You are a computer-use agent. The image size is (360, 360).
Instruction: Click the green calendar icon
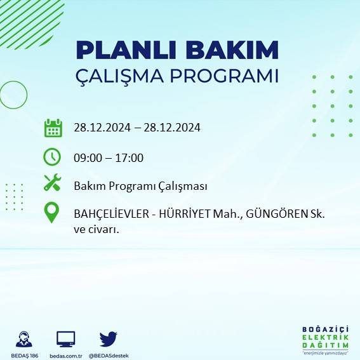53,128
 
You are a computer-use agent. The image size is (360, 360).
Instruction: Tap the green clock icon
52,156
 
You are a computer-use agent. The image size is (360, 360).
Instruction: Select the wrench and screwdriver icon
52,183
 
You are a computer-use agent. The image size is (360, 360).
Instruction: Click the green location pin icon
52,212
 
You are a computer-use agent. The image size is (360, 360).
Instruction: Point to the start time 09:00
87,158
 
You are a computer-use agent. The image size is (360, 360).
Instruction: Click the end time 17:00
130,158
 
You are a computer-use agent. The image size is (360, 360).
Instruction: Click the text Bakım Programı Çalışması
140,186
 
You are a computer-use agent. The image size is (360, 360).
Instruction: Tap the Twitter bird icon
109,338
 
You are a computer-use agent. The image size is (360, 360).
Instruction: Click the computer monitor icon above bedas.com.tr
66,338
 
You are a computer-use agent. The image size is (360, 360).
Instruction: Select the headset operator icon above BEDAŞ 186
25,338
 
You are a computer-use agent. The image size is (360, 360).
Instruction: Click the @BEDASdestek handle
109,356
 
